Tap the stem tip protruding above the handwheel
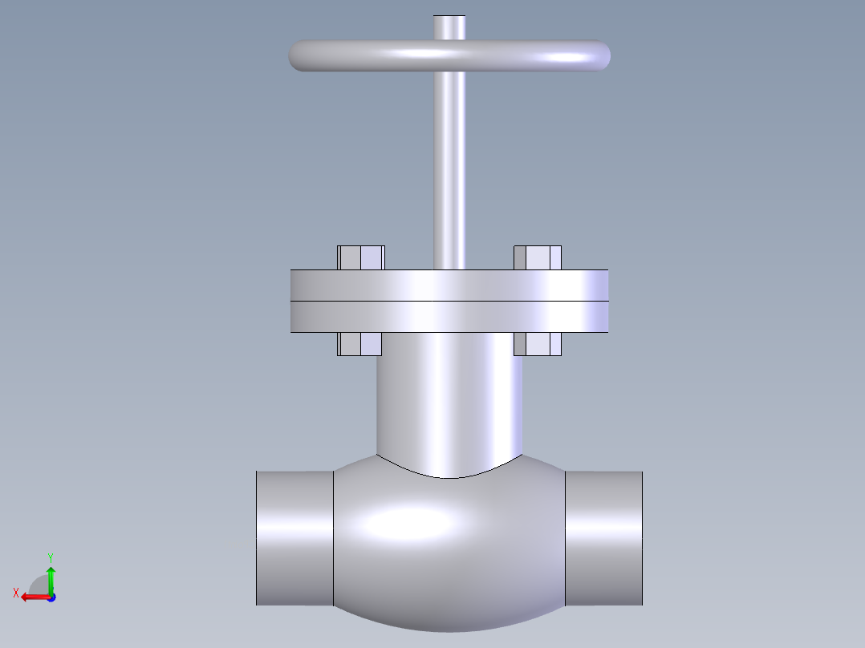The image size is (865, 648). click(449, 26)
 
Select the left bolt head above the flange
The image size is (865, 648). click(361, 257)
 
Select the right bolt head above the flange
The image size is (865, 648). click(538, 257)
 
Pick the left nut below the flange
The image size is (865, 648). click(359, 344)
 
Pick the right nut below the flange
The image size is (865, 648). click(538, 344)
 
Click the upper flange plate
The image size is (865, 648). click(449, 286)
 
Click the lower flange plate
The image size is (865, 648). click(449, 317)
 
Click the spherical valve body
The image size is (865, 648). click(449, 545)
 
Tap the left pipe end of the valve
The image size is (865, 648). click(294, 537)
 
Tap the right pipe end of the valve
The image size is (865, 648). click(604, 537)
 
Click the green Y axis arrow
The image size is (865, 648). click(51, 577)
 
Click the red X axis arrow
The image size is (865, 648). click(32, 597)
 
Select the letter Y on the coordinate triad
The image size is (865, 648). click(51, 557)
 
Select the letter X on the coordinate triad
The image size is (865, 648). click(16, 593)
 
